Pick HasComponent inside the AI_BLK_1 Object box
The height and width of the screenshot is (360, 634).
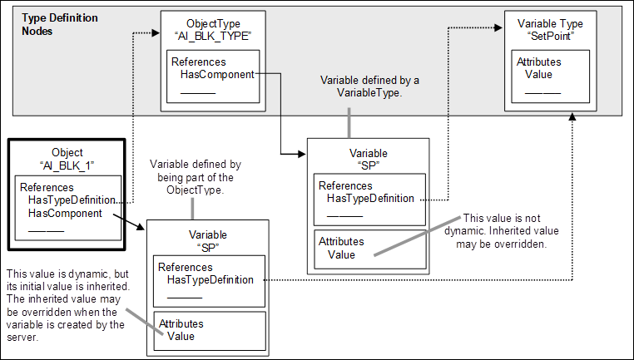65,213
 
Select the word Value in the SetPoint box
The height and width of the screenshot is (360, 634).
539,74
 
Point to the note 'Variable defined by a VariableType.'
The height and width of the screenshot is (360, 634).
370,86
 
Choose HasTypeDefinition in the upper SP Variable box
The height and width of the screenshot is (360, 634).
370,198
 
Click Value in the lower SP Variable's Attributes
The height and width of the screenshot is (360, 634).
181,336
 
